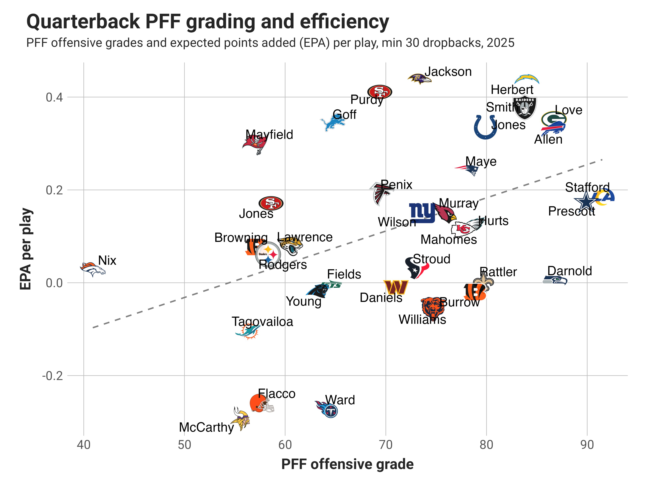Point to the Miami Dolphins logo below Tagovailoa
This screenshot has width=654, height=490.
[248, 331]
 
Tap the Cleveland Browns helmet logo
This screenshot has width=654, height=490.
[261, 403]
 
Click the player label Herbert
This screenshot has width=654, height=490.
[512, 89]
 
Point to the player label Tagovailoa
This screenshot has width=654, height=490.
[262, 321]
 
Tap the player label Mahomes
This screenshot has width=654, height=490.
[449, 239]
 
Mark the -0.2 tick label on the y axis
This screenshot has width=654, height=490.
[53, 376]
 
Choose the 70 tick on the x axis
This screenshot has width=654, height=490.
[386, 445]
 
